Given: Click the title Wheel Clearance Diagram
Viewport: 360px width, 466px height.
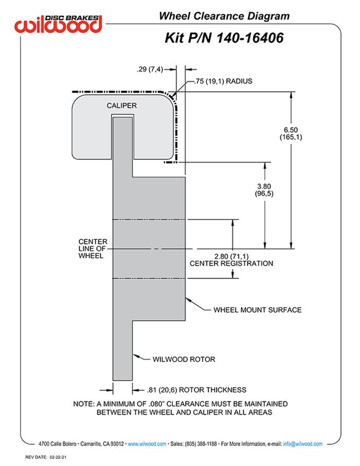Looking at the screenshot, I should tap(224, 16).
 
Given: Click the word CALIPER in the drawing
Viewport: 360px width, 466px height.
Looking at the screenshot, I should tap(121, 105).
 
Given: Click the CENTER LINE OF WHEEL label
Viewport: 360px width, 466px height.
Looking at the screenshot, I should tap(93, 249).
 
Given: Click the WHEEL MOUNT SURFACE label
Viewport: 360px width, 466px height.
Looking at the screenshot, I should tap(257, 310).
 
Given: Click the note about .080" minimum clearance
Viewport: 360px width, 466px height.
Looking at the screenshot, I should tap(180, 408).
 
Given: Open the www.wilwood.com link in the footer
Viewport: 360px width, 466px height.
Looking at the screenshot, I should tap(147, 443).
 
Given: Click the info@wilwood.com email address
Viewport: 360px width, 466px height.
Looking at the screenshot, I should tap(302, 443).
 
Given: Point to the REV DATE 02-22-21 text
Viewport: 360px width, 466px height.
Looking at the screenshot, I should tap(47, 457).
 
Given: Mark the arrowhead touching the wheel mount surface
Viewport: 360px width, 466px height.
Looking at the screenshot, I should tap(188, 299).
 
